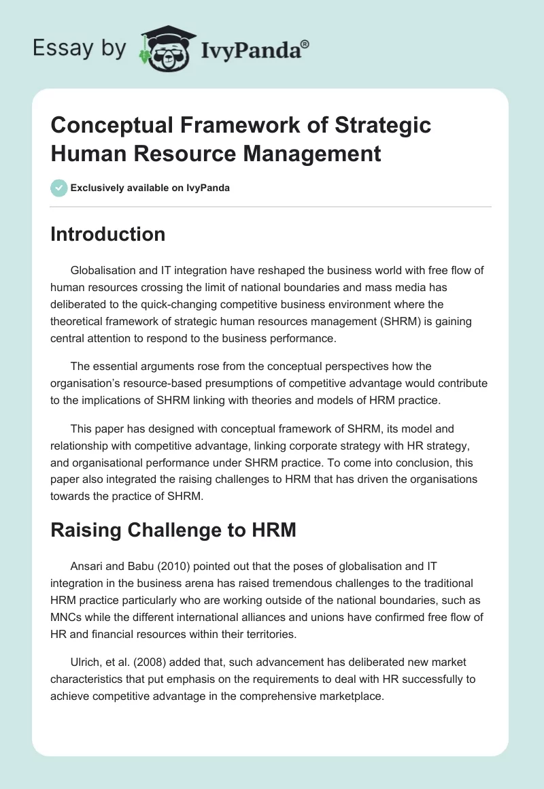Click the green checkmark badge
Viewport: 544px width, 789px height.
59,188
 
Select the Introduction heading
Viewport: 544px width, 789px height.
108,234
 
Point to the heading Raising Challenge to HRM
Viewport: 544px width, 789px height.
173,530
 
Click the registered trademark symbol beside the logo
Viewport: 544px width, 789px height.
305,44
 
